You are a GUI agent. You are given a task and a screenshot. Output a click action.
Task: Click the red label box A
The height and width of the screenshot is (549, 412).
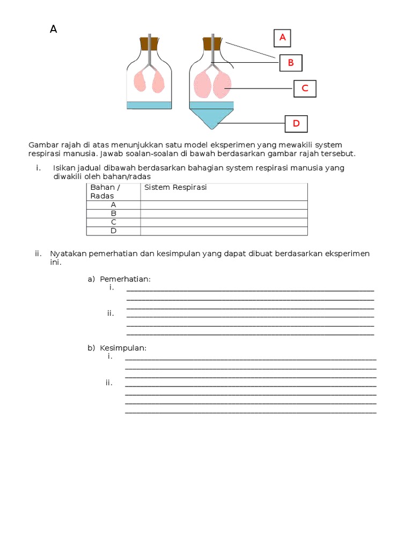pyautogui.click(x=282, y=38)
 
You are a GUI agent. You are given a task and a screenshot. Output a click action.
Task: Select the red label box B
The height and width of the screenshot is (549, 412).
pyautogui.click(x=291, y=63)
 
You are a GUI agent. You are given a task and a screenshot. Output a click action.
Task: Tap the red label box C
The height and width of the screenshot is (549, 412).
pyautogui.click(x=305, y=88)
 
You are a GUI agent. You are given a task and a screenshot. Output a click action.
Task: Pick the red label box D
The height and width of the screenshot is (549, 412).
pyautogui.click(x=296, y=124)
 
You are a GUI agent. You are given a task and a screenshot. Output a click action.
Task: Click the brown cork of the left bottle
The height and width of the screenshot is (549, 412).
pyautogui.click(x=150, y=43)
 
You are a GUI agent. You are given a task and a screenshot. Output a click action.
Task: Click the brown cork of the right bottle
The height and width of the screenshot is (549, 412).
pyautogui.click(x=212, y=43)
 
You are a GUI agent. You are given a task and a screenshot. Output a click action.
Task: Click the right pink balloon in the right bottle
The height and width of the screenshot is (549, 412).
pyautogui.click(x=222, y=85)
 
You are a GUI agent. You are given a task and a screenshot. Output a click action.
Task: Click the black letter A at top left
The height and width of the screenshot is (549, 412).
pyautogui.click(x=53, y=29)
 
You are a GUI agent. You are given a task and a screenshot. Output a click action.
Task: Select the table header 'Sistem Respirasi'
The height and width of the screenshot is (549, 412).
pyautogui.click(x=175, y=187)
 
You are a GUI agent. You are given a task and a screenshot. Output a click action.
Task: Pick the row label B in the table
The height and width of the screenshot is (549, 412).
pyautogui.click(x=113, y=213)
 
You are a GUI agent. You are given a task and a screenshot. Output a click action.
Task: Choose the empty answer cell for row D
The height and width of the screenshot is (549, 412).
pyautogui.click(x=224, y=231)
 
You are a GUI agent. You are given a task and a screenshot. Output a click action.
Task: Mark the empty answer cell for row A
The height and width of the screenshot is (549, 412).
pyautogui.click(x=224, y=205)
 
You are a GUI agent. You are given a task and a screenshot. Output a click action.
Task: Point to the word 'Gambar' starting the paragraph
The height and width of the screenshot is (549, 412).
pyautogui.click(x=42, y=145)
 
